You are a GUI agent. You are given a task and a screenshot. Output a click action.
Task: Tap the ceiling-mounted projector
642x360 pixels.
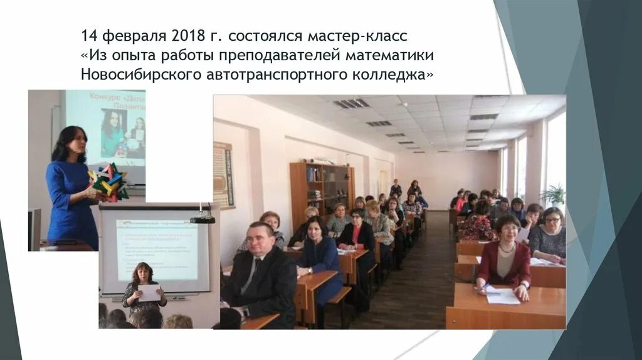(203, 218)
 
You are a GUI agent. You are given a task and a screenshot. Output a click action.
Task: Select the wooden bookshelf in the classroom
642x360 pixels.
(320, 191)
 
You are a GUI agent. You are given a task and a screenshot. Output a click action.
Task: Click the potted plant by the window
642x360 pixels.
(554, 194)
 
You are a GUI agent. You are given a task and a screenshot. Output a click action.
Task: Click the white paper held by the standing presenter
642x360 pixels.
(149, 293)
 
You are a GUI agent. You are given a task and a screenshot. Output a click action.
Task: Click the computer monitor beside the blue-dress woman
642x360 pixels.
(34, 229)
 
